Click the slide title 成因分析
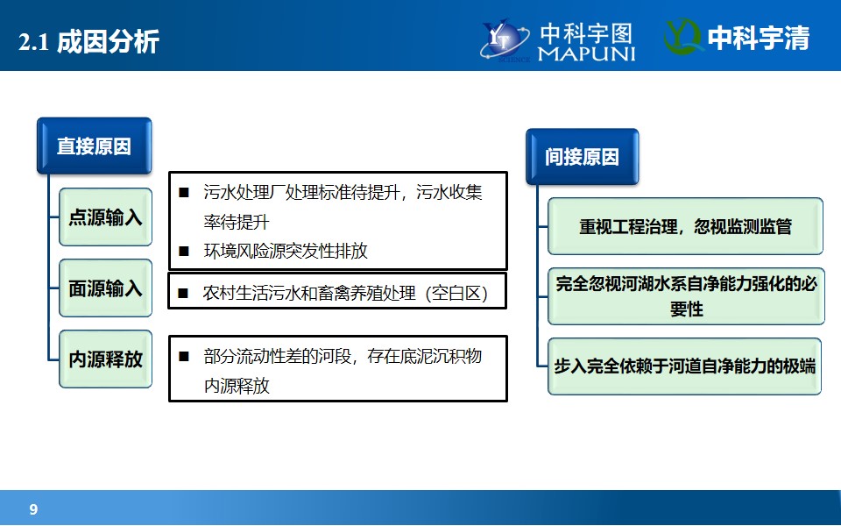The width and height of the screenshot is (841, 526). pyautogui.click(x=108, y=41)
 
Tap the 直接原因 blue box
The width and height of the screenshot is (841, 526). pyautogui.click(x=95, y=146)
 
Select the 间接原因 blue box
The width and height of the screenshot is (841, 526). pyautogui.click(x=582, y=157)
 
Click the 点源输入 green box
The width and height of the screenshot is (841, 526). pyautogui.click(x=106, y=217)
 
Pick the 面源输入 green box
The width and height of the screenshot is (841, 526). pyautogui.click(x=106, y=288)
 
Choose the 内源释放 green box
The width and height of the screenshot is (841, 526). pyautogui.click(x=106, y=359)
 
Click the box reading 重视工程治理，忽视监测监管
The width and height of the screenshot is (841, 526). pyautogui.click(x=685, y=226)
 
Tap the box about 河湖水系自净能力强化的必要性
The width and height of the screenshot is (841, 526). pyautogui.click(x=686, y=296)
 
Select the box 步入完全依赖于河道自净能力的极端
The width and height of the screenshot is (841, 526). pyautogui.click(x=684, y=366)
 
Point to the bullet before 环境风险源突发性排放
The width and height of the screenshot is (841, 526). pyautogui.click(x=184, y=251)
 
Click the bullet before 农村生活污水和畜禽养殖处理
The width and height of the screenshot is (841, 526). pyautogui.click(x=183, y=293)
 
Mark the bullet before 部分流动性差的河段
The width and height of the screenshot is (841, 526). pyautogui.click(x=184, y=356)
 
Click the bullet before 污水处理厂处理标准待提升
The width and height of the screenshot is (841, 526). pyautogui.click(x=184, y=192)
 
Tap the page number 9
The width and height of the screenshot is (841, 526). pyautogui.click(x=33, y=509)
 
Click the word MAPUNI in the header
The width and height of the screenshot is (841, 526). pyautogui.click(x=586, y=53)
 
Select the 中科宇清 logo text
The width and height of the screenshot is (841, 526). pyautogui.click(x=759, y=38)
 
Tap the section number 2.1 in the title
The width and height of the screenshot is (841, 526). pyautogui.click(x=34, y=42)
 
